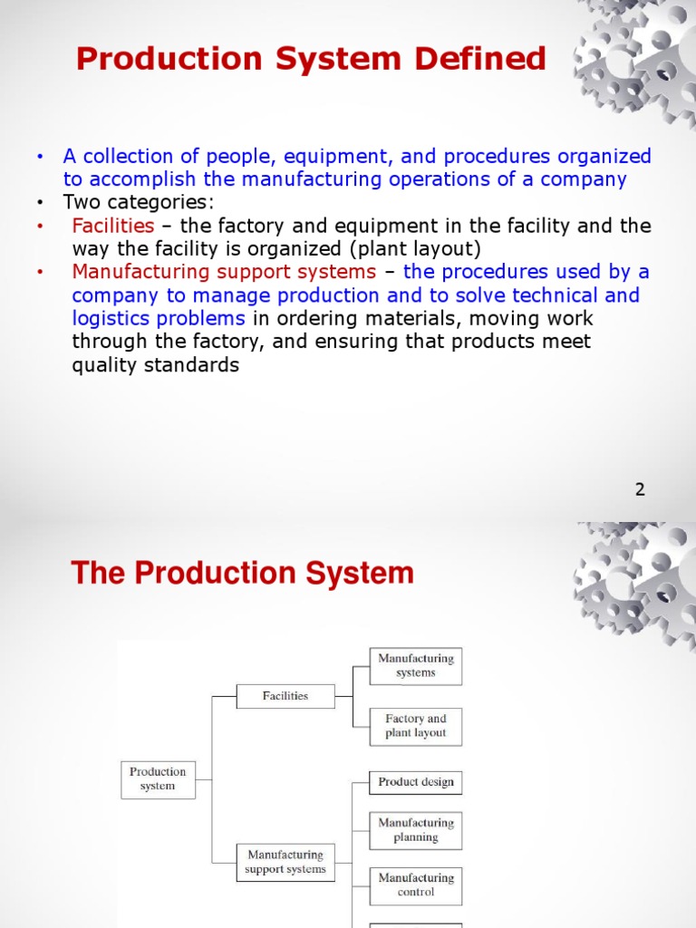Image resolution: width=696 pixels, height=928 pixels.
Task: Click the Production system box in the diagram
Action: click(x=158, y=779)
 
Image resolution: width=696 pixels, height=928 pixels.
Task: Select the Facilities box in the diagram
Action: click(x=285, y=696)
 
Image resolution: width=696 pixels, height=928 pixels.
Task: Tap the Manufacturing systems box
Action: click(x=416, y=666)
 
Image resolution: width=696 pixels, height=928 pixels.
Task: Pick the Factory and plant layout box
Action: click(x=416, y=726)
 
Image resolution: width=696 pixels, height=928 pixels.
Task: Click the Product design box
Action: click(x=416, y=782)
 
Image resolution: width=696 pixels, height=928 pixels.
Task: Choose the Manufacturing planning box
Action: click(x=416, y=830)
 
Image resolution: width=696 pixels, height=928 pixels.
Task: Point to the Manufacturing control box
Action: click(x=416, y=885)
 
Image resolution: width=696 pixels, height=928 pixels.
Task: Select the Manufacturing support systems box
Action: click(x=285, y=862)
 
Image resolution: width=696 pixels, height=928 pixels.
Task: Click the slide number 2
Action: click(x=640, y=489)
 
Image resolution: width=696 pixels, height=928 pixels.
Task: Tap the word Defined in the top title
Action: click(x=480, y=60)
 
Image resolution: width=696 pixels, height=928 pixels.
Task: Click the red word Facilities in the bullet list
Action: click(x=113, y=226)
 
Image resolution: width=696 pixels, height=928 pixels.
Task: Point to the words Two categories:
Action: click(x=139, y=202)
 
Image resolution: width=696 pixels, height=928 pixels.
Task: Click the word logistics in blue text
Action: click(x=113, y=319)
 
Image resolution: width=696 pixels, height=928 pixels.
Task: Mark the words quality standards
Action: click(x=156, y=365)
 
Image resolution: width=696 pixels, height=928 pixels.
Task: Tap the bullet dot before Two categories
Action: click(x=40, y=202)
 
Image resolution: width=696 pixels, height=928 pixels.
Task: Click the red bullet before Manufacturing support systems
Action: click(x=40, y=272)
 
